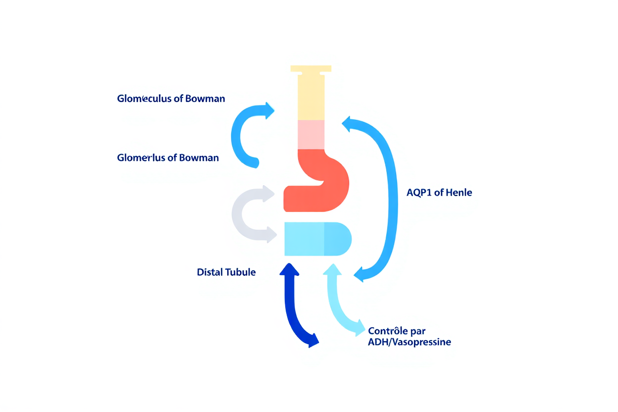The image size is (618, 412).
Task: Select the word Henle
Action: click(459, 193)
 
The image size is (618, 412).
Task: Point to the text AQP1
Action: click(418, 193)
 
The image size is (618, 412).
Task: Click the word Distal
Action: click(209, 272)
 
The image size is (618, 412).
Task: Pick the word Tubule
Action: click(241, 272)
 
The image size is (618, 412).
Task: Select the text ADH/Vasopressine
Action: click(410, 342)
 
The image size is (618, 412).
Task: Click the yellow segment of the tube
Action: click(311, 99)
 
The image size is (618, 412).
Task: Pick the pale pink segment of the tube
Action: click(311, 134)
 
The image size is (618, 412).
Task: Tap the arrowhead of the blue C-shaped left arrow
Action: click(269, 110)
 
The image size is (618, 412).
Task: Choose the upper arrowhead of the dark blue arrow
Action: click(290, 270)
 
